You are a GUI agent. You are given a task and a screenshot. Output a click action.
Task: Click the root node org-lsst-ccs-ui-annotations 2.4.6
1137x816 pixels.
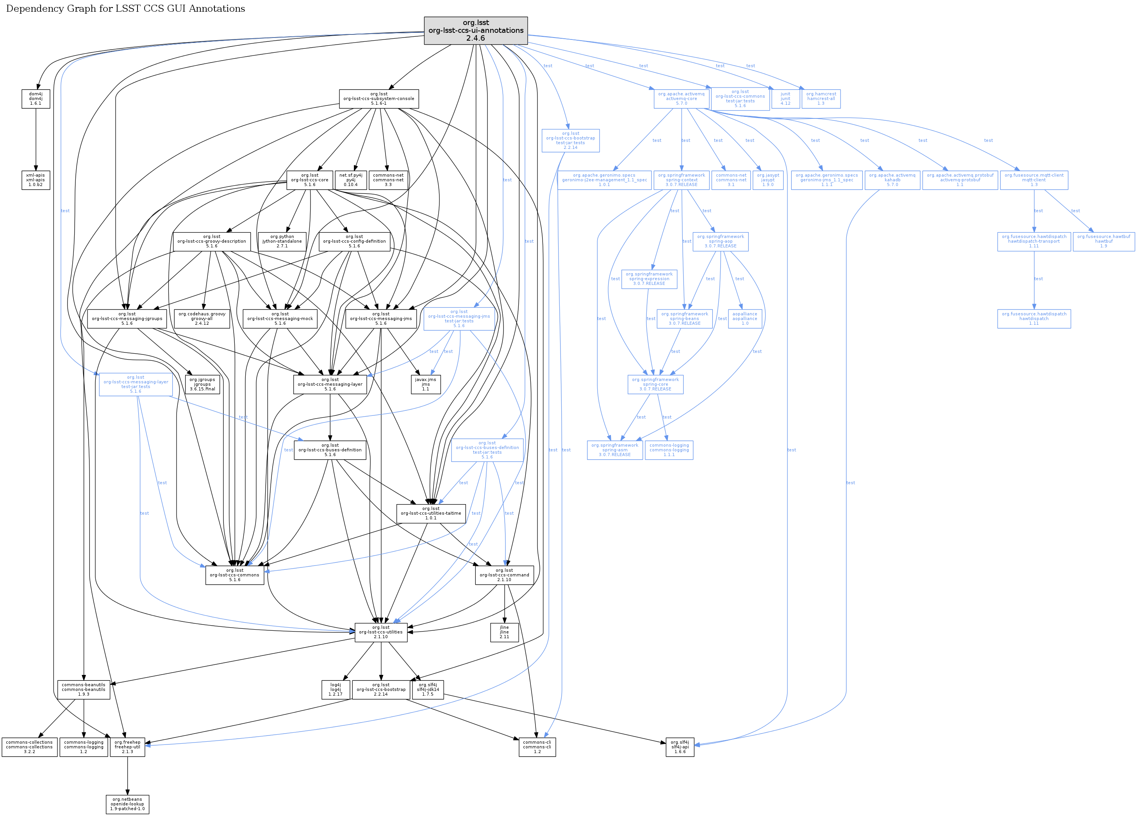475,30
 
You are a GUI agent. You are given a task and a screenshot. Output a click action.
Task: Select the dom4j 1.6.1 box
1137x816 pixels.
36,99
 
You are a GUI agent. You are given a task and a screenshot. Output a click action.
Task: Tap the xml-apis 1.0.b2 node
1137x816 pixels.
36,180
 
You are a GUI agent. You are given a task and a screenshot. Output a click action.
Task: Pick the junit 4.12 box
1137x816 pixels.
785,99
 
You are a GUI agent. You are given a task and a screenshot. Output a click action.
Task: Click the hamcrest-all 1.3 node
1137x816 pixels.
821,99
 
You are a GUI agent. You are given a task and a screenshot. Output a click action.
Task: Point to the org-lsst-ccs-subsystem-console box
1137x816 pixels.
378,99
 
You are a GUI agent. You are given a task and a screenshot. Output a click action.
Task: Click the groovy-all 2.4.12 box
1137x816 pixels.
202,319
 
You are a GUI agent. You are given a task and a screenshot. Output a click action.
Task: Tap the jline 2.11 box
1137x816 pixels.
504,632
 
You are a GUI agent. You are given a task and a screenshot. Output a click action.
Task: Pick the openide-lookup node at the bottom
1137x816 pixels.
127,804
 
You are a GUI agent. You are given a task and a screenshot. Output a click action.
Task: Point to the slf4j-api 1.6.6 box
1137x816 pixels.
680,747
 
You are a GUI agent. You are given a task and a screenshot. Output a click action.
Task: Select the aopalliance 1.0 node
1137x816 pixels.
744,319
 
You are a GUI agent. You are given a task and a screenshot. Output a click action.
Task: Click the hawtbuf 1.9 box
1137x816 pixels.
1103,241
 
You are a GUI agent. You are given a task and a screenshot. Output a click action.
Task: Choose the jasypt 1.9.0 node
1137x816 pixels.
768,180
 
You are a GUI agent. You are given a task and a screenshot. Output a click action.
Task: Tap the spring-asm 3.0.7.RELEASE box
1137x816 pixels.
615,450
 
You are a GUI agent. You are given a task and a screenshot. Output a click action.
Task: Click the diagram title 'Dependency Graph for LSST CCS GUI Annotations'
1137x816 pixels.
125,9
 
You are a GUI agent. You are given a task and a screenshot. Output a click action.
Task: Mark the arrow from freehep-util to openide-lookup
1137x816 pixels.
127,775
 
